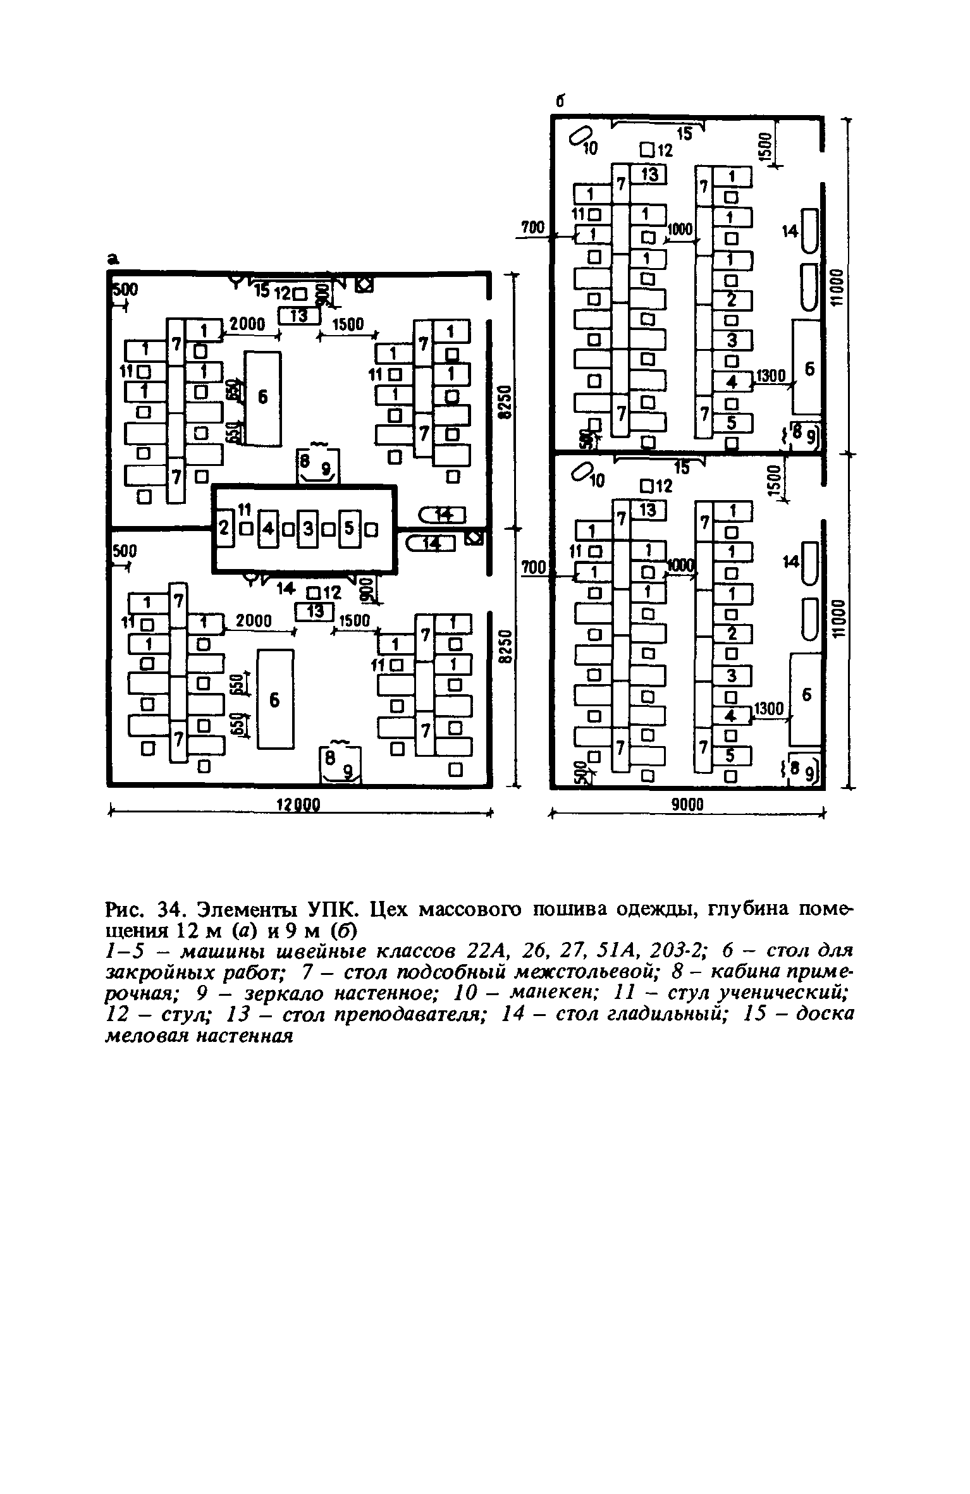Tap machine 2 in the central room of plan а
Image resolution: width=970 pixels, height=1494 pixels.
[x=224, y=527]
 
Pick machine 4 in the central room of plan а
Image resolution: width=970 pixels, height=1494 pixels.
[x=268, y=528]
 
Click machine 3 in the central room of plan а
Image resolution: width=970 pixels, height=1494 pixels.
[x=308, y=528]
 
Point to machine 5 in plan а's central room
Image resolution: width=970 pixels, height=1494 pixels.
[x=348, y=528]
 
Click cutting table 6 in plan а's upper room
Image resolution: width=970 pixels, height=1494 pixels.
[x=263, y=397]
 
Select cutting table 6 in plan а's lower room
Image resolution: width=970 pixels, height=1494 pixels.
[x=275, y=699]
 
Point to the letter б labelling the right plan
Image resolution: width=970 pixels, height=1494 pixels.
[x=559, y=102]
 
